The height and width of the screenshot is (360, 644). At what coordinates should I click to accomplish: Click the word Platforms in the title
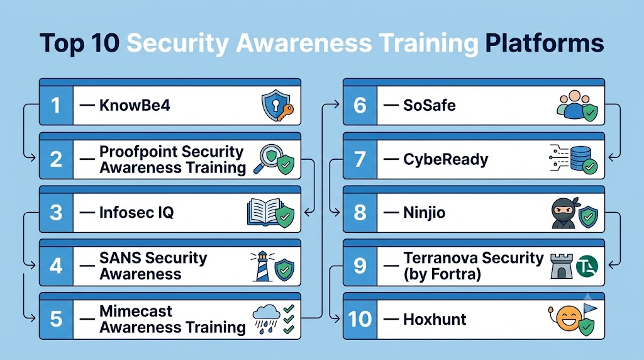pyautogui.click(x=544, y=43)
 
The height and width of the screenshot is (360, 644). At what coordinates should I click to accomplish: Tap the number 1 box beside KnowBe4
pyautogui.click(x=56, y=105)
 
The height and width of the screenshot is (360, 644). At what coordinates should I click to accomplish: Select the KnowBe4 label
pyautogui.click(x=135, y=105)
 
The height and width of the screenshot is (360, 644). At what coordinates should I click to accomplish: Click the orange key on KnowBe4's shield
pyautogui.click(x=286, y=112)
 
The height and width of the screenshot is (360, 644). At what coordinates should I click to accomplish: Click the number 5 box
pyautogui.click(x=56, y=319)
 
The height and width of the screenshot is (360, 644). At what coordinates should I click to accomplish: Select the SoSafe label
pyautogui.click(x=429, y=105)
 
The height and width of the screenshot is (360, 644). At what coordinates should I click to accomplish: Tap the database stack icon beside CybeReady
pyautogui.click(x=579, y=158)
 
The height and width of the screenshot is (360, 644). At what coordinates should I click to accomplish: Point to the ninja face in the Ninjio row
pyautogui.click(x=564, y=213)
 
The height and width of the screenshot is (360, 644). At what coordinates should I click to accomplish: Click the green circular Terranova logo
pyautogui.click(x=587, y=266)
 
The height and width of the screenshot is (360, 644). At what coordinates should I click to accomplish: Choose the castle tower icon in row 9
pyautogui.click(x=562, y=266)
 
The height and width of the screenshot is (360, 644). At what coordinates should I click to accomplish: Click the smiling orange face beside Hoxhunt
pyautogui.click(x=569, y=318)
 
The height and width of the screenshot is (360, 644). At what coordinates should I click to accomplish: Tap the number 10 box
pyautogui.click(x=360, y=319)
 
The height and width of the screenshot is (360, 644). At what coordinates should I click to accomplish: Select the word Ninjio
pyautogui.click(x=425, y=213)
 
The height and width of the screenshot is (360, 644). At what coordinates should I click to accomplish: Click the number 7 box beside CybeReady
pyautogui.click(x=360, y=159)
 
